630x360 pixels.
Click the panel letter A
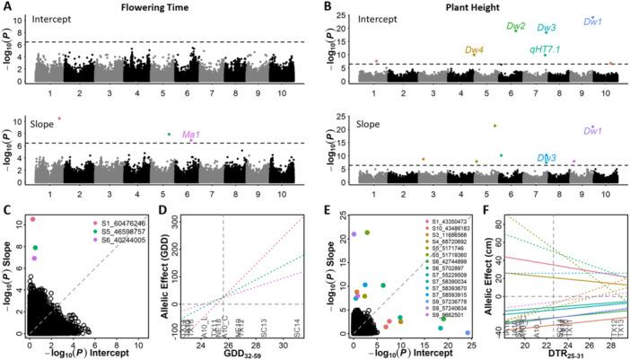click(x=7, y=6)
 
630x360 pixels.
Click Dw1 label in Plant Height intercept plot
click(x=592, y=21)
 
